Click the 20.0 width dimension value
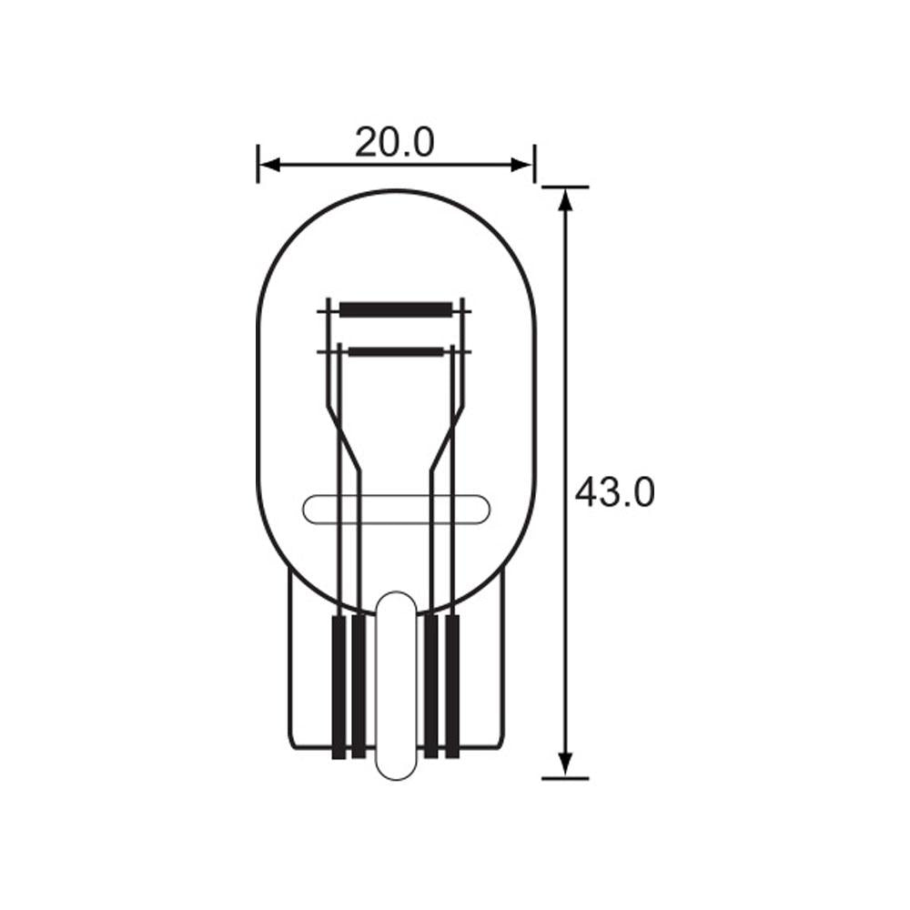[x=395, y=142]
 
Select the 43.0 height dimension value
[x=614, y=492]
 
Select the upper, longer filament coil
[x=396, y=309]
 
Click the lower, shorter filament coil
[x=396, y=350]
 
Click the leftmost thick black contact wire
[x=339, y=687]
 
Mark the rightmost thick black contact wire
[x=452, y=687]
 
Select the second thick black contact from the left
[x=359, y=687]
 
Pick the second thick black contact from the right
[x=431, y=687]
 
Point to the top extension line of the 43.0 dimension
[x=565, y=187]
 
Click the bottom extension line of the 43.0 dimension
[x=565, y=778]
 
